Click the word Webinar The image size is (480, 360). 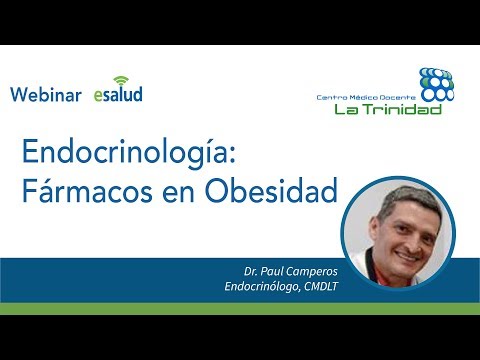click(x=46, y=94)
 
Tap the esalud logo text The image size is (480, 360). click(x=118, y=94)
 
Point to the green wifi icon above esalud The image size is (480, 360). click(x=121, y=81)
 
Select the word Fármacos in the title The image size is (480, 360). click(x=87, y=191)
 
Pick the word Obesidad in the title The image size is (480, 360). click(x=271, y=191)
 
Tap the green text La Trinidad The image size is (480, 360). click(x=388, y=109)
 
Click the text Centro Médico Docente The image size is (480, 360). click(x=366, y=97)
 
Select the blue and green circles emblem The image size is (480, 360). click(x=437, y=84)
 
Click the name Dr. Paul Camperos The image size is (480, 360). click(x=291, y=272)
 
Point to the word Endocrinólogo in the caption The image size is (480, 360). click(x=262, y=286)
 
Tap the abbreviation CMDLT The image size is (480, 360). click(x=321, y=286)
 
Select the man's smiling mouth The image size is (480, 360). click(x=407, y=257)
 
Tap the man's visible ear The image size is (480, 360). click(x=375, y=231)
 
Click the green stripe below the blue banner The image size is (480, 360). click(x=240, y=309)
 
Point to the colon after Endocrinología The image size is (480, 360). click(x=232, y=155)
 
